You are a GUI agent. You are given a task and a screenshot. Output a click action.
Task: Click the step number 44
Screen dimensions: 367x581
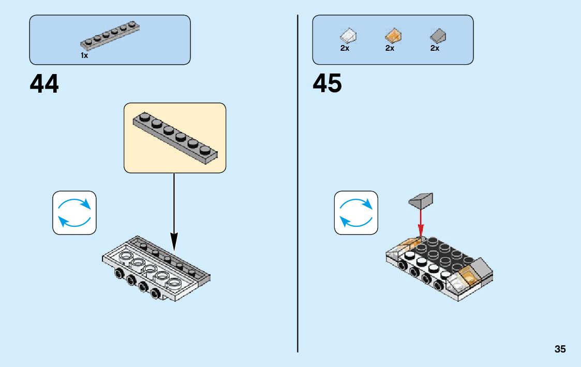point(44,84)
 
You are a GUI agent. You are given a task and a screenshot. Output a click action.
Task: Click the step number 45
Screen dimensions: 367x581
point(327,84)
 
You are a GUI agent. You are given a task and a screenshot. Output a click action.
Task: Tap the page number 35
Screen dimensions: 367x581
point(560,349)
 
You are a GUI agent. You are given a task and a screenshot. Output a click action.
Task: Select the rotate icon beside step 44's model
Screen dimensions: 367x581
point(75,213)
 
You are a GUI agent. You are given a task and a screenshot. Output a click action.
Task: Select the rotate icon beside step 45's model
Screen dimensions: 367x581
point(356,213)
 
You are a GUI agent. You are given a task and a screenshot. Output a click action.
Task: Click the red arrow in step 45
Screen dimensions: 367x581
point(421,222)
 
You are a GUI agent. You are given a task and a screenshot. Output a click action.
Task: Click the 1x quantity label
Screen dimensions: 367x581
point(84,55)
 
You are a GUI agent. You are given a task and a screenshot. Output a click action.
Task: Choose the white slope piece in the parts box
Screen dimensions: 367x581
point(348,36)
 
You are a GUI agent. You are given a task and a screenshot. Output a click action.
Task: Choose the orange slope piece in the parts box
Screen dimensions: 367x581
point(393,36)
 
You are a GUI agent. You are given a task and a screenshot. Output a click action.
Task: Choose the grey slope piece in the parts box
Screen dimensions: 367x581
point(438,36)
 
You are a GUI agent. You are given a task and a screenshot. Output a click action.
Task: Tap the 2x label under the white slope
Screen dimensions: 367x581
point(345,48)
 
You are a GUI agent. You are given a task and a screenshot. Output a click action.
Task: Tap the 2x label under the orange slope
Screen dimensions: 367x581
point(390,48)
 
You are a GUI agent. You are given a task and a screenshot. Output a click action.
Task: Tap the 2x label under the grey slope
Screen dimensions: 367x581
point(435,48)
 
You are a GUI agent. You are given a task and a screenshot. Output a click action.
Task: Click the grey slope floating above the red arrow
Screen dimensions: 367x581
point(421,200)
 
